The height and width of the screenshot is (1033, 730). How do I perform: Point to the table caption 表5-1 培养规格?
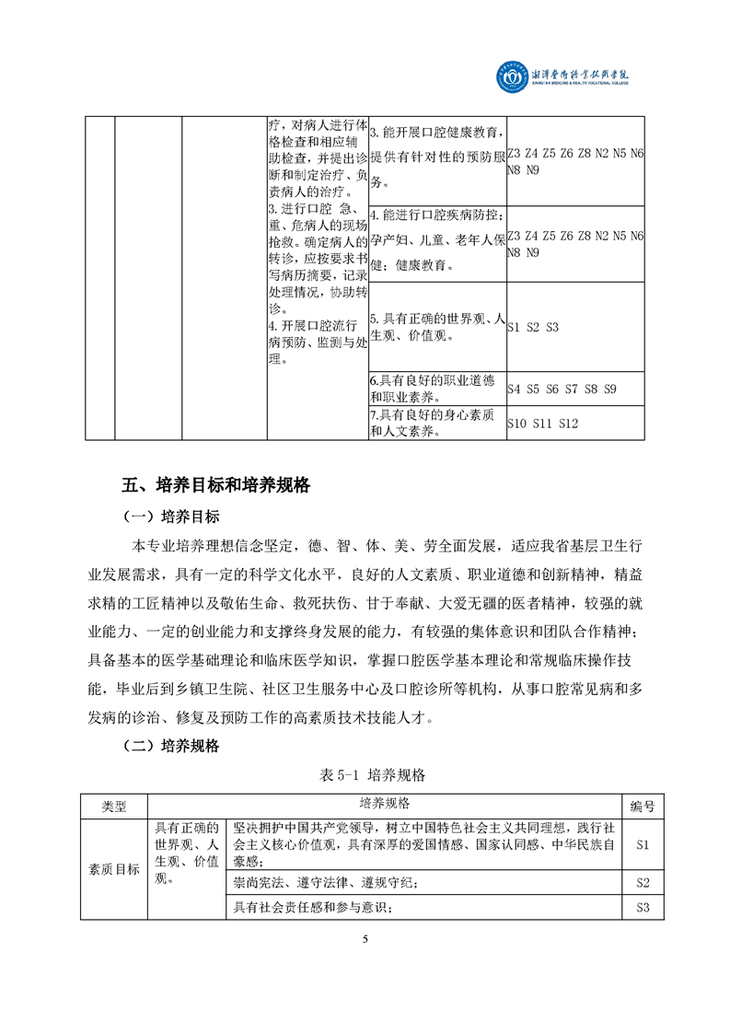pos(364,775)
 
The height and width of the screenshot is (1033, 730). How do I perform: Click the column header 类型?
pos(113,807)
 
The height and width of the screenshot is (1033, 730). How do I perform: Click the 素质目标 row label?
pos(113,869)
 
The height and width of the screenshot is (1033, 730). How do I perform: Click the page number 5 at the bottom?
pos(365,939)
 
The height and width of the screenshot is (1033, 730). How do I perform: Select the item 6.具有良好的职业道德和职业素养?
pos(436,389)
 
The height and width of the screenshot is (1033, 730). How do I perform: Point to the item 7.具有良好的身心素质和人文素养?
pos(436,423)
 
